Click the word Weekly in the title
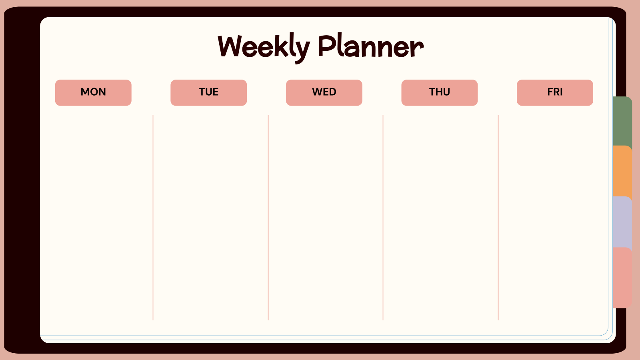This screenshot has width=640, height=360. [x=264, y=47]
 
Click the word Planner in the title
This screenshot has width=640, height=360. [x=370, y=47]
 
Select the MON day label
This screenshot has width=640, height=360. [x=93, y=92]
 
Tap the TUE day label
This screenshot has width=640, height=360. [x=208, y=92]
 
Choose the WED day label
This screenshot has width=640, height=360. [x=324, y=92]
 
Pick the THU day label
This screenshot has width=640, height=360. [x=439, y=92]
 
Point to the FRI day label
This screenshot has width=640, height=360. [x=555, y=92]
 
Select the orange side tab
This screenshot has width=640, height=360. [x=622, y=171]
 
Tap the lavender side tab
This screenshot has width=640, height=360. [x=622, y=222]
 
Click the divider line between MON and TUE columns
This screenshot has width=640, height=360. [x=153, y=218]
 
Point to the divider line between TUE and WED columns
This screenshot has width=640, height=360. [x=268, y=218]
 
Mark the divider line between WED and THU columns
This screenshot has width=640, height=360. [x=383, y=218]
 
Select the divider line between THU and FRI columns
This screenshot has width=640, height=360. [x=498, y=218]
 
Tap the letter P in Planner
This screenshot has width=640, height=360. [x=327, y=46]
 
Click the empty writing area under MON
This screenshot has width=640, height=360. [x=96, y=216]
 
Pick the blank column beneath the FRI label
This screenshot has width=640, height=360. [x=554, y=216]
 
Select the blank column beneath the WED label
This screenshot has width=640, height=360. [x=325, y=216]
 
